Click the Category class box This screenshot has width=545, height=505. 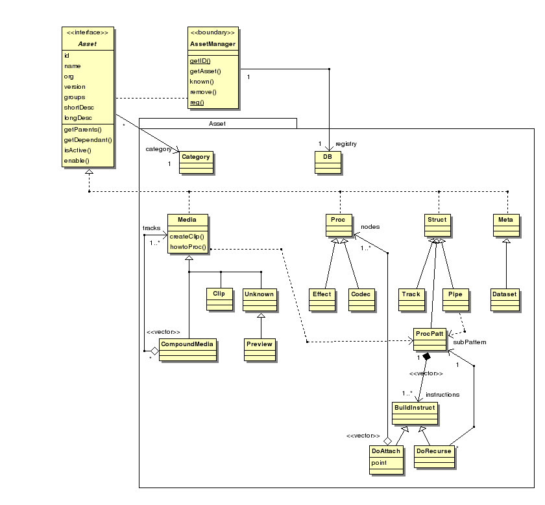pyautogui.click(x=196, y=163)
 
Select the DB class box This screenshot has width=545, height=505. pyautogui.click(x=328, y=163)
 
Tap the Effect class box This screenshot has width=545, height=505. pyautogui.click(x=322, y=298)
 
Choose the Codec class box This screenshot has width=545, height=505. pyautogui.click(x=360, y=298)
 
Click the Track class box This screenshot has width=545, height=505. pyautogui.click(x=411, y=298)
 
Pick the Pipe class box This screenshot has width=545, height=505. pyautogui.click(x=454, y=298)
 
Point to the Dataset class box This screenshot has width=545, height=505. pyautogui.click(x=505, y=298)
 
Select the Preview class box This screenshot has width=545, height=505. pyautogui.click(x=260, y=349)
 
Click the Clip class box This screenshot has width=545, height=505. pyautogui.click(x=219, y=298)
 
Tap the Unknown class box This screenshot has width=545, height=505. pyautogui.click(x=260, y=298)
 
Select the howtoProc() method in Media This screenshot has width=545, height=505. pyautogui.click(x=188, y=248)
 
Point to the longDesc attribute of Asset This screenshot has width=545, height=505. pyautogui.click(x=78, y=118)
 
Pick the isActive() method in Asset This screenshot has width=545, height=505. pyautogui.click(x=77, y=150)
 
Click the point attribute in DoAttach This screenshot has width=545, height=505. pyautogui.click(x=379, y=463)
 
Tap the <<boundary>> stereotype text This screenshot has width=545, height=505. pyautogui.click(x=212, y=32)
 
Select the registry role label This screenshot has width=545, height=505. pyautogui.click(x=346, y=144)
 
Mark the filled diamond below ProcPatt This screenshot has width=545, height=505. pyautogui.click(x=426, y=357)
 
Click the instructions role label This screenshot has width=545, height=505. pyautogui.click(x=442, y=394)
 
